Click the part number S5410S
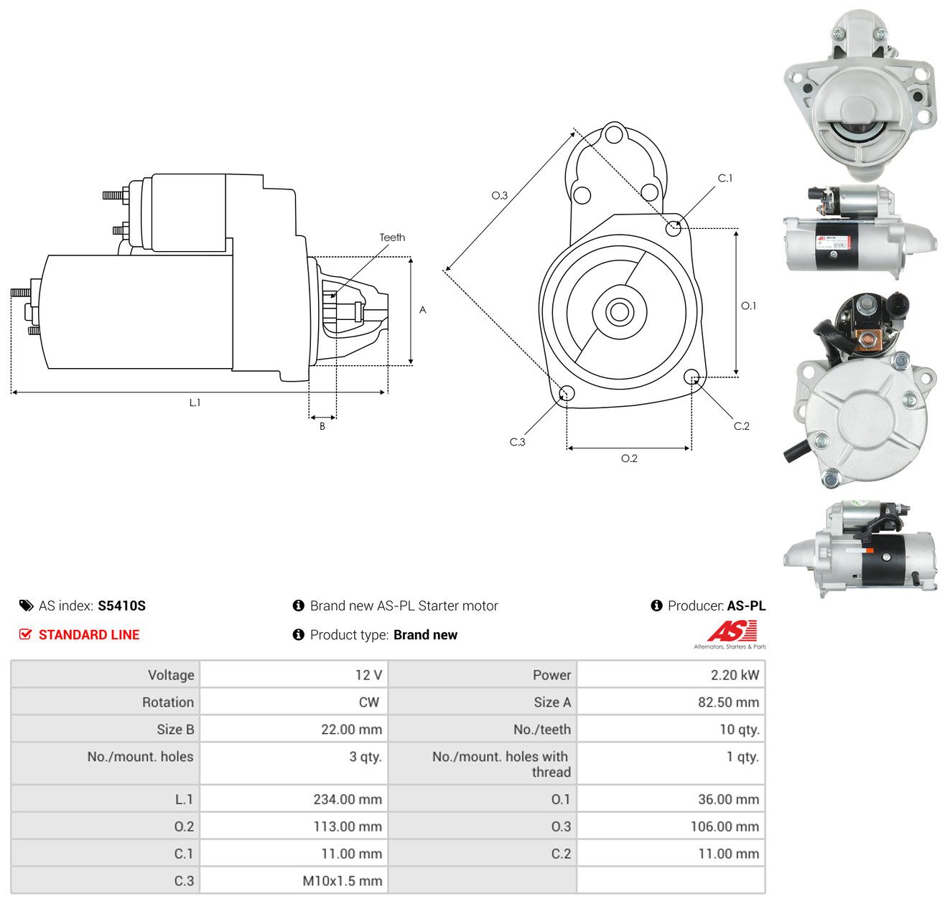(121, 606)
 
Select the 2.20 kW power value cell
(734, 674)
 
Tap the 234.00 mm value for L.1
(348, 799)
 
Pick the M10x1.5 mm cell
(343, 880)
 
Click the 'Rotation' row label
(167, 702)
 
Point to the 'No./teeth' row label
(542, 729)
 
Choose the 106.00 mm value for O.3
(725, 826)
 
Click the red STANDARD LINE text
(89, 635)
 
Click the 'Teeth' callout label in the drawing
(392, 237)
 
